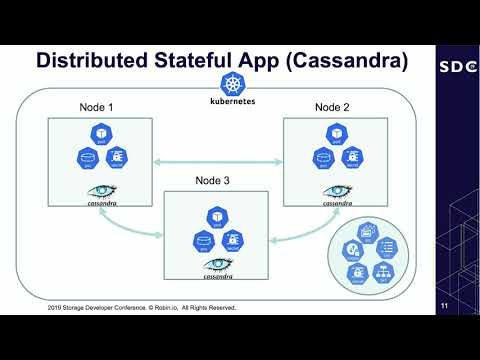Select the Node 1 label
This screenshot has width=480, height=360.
[98, 106]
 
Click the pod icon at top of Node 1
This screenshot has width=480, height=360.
[100, 134]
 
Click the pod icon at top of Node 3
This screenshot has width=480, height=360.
[216, 215]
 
